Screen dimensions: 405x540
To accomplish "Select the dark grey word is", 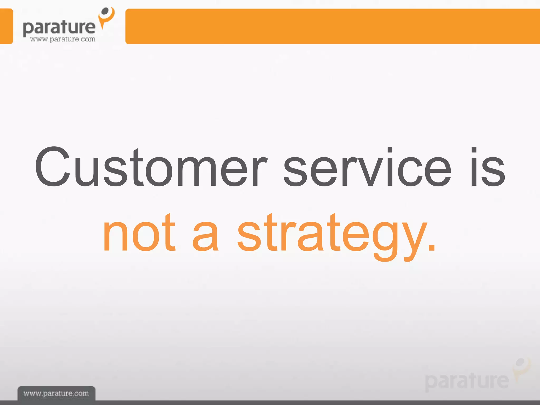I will tap(488, 167).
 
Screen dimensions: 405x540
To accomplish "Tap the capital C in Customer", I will tap(53, 167).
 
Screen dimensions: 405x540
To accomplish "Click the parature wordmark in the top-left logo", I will tap(59, 27).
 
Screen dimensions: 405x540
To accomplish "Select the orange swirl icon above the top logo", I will tap(107, 17).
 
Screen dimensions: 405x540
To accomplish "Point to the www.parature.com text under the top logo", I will tap(62, 39).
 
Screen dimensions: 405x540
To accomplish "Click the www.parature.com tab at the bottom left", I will tap(56, 393).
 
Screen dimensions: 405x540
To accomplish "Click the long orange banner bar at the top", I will tap(332, 26).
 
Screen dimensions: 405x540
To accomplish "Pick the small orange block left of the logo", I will tap(6, 26).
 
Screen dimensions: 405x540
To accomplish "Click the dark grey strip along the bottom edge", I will tap(316, 403).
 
